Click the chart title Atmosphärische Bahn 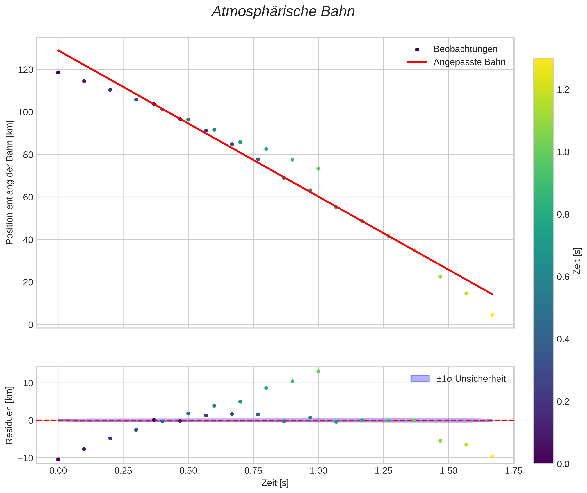point(283,12)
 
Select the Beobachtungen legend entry point(465,49)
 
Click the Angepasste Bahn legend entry point(469,62)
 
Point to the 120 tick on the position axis point(25,70)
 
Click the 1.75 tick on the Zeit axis point(513,471)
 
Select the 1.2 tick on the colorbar point(563,90)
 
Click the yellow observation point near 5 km point(492,315)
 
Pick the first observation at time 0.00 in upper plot point(58,73)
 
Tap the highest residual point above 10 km point(318,371)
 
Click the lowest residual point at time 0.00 point(58,459)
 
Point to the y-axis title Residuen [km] point(9,415)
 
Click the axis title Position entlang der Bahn point(9,182)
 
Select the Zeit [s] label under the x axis point(275,483)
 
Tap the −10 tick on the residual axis point(25,458)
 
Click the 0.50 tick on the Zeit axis point(188,471)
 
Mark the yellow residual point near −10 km point(492,457)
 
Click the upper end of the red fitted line point(58,50)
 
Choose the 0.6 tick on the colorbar point(563,277)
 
